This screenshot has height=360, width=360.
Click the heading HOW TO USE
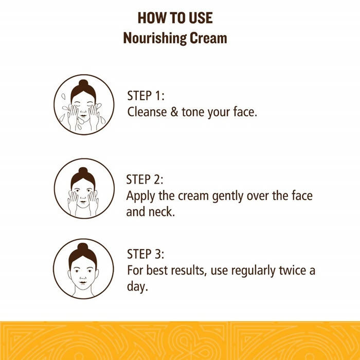[175, 18]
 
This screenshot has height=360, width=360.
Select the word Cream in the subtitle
[208, 38]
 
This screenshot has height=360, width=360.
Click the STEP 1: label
[146, 96]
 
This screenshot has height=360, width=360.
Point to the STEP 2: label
[145, 179]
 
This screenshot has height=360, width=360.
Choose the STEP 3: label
[146, 254]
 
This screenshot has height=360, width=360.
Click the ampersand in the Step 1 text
[174, 112]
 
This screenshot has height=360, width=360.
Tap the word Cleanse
[147, 112]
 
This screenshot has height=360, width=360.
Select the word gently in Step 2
[227, 196]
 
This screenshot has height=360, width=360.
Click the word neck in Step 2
[160, 211]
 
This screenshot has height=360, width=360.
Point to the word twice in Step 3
[293, 270]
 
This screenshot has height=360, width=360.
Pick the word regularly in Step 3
[253, 271]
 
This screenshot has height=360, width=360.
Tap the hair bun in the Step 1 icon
[83, 83]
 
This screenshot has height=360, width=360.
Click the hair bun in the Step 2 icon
[83, 170]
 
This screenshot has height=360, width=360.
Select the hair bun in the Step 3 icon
[83, 246]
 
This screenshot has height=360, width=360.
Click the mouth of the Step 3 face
[83, 282]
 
